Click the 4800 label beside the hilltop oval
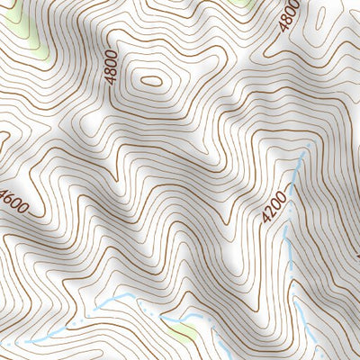pos(112,67)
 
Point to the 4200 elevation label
pos(274,207)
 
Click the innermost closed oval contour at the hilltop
pos(151,81)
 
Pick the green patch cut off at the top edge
pos(241,3)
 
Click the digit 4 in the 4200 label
pos(266,218)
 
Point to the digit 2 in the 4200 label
pos(271,211)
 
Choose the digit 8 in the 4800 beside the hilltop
pos(112,71)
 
